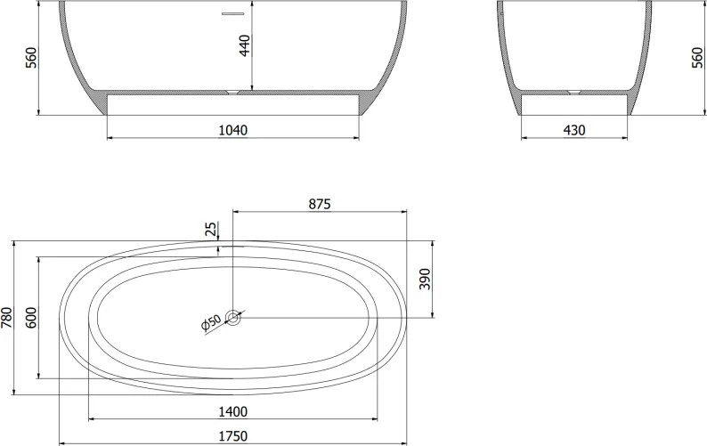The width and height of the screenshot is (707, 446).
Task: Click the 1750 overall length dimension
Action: coord(233,436)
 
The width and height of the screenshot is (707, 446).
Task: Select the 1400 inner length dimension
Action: coord(233,412)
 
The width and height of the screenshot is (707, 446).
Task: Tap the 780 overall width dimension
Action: coord(7,317)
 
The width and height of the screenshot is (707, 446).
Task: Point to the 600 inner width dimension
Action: coord(31,317)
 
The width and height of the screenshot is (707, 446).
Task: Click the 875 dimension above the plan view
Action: coord(320,204)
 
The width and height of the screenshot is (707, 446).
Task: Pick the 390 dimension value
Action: coord(426,279)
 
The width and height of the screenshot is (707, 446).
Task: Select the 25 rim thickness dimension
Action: coord(211,230)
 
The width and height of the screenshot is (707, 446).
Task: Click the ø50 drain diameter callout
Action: coord(211,322)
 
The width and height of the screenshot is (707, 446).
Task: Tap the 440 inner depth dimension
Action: coord(244,45)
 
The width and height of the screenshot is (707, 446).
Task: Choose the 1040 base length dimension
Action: coord(233,130)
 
